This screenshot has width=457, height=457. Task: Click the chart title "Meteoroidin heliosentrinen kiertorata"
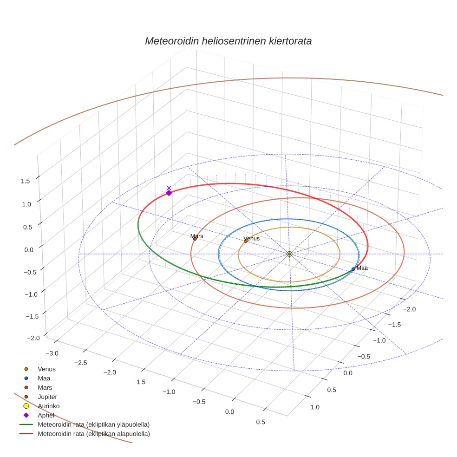coord(228,41)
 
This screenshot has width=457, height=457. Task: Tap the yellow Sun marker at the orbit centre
coord(289,254)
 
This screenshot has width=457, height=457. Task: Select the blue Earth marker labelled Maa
coord(353,269)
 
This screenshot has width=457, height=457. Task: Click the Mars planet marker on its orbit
coord(195,239)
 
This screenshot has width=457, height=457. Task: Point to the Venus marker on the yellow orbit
coord(246,241)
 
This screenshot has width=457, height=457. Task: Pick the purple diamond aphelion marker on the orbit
coord(169,193)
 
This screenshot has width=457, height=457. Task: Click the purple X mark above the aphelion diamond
coord(169,188)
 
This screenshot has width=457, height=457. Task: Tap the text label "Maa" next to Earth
coord(362,268)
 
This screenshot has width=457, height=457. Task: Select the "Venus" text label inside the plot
coord(252,238)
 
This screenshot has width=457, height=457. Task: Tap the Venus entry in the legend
coord(46,369)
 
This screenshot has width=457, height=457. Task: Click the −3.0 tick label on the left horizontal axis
coord(52,353)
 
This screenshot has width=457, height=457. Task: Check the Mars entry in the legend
coord(45,387)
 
